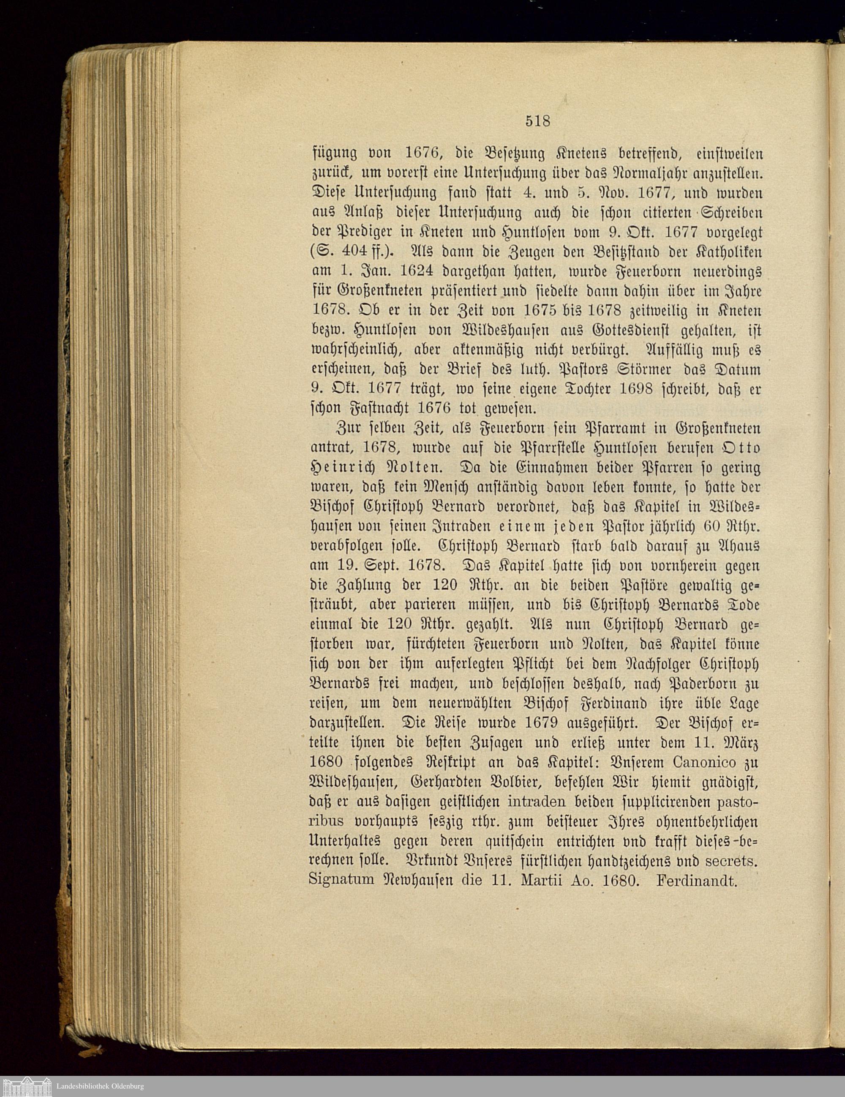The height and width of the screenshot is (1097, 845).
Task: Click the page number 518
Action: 538,120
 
